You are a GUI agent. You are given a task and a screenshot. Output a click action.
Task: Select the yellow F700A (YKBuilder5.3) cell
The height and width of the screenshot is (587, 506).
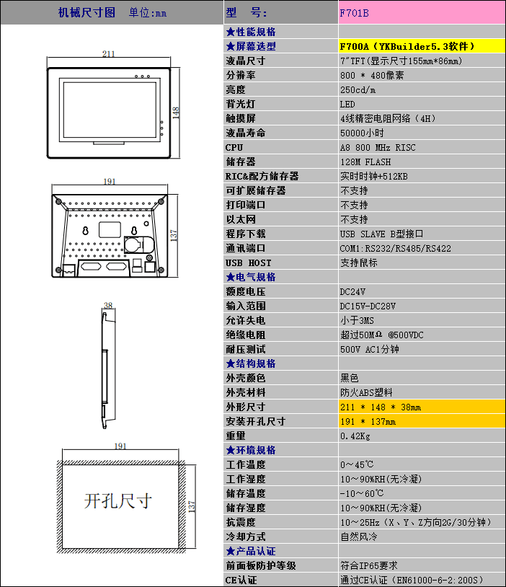pos(407,46)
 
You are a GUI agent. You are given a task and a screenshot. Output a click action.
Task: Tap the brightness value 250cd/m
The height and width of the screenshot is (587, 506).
pos(358,89)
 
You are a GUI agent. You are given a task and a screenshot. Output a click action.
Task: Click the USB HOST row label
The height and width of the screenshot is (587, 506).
pos(248,262)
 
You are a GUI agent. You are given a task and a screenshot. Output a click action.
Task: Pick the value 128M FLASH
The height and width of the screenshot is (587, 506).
pos(367,162)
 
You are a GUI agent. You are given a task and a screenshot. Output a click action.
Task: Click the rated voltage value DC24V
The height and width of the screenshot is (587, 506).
pos(352,291)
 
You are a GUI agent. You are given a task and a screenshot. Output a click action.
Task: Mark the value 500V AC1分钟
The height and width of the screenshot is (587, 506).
pos(369,349)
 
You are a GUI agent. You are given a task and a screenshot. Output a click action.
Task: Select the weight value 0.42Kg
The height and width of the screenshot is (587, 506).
pos(355,436)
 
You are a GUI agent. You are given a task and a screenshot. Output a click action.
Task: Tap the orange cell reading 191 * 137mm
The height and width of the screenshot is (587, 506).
pos(368,421)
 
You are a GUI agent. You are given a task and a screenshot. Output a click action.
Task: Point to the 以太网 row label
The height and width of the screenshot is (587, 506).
pos(240,219)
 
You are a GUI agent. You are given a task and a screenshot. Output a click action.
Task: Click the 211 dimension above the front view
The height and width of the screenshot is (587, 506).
pos(109,54)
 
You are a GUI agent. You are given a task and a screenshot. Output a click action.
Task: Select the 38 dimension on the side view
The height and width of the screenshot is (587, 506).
pos(108,305)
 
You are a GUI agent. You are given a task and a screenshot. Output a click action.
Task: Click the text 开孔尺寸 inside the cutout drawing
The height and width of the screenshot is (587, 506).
pos(118,500)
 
